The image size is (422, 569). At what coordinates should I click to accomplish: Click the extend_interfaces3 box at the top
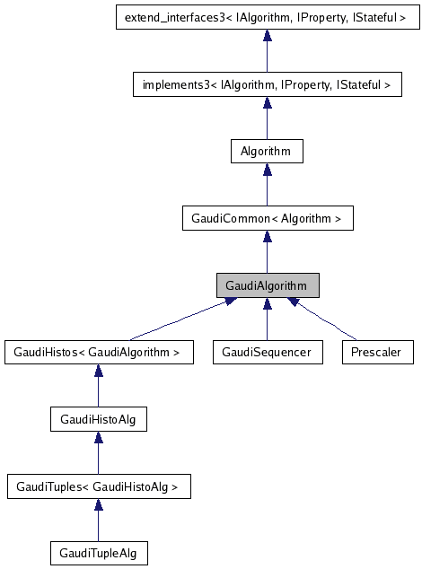point(267,17)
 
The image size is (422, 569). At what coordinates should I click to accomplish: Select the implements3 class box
point(267,85)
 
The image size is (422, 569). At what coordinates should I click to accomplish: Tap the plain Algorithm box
point(267,151)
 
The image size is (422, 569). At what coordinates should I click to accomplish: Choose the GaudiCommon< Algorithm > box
point(267,218)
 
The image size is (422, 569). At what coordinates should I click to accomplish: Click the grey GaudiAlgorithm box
point(267,285)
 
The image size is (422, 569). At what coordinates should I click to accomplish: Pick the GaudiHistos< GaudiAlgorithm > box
point(98,353)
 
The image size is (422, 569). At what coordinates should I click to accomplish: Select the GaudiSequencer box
point(267,353)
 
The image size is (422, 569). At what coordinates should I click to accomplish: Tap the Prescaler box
point(377,353)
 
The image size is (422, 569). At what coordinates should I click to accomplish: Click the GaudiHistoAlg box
point(98,419)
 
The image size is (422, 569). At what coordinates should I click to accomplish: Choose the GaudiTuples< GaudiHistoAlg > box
point(98,487)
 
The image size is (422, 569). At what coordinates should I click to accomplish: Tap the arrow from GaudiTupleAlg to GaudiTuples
point(98,521)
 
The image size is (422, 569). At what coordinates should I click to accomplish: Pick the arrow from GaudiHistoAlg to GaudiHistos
point(98,387)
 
